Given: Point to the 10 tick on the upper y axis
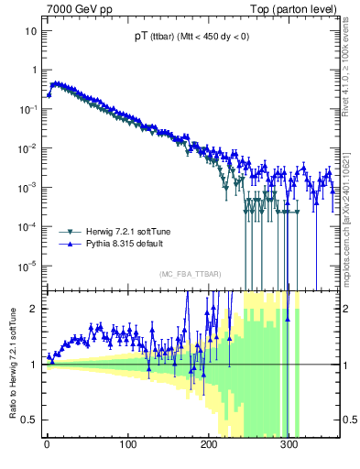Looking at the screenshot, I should (x=31, y=31).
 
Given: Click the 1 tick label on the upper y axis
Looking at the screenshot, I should (x=34, y=71).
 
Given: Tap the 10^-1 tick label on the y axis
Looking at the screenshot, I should (x=29, y=109).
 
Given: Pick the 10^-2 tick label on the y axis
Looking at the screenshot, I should (x=29, y=148).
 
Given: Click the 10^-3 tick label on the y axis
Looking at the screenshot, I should (x=29, y=187).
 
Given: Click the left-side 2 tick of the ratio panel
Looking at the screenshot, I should (x=34, y=309).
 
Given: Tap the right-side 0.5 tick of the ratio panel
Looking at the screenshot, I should (x=349, y=420).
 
